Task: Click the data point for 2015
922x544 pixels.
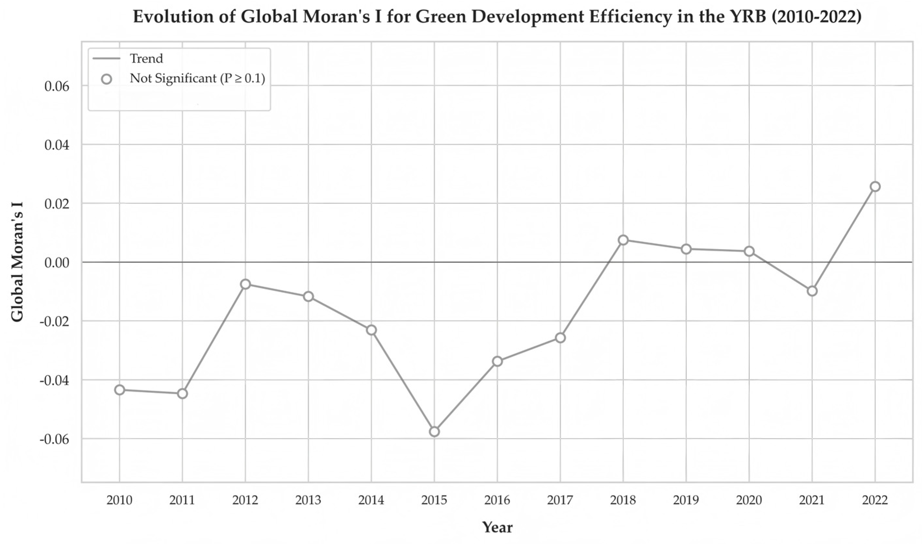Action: point(434,431)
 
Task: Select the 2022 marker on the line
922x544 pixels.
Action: point(875,187)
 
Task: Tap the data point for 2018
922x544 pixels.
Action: point(623,240)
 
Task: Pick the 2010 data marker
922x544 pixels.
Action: point(119,390)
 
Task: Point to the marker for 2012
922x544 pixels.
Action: point(245,284)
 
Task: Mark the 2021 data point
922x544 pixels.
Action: point(812,291)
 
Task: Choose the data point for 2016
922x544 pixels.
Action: point(497,361)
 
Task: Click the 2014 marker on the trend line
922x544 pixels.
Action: point(371,330)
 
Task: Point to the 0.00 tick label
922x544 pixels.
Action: point(57,263)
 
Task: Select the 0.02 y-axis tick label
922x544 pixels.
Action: point(57,204)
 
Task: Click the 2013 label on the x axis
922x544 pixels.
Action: point(308,500)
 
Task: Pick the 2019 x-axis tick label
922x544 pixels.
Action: point(686,500)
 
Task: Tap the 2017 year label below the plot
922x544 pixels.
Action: point(560,500)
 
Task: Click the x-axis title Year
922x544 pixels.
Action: point(497,527)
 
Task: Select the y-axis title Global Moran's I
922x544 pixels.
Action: point(17,262)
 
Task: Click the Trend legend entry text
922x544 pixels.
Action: point(146,59)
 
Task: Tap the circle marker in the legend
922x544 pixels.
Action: point(106,79)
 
